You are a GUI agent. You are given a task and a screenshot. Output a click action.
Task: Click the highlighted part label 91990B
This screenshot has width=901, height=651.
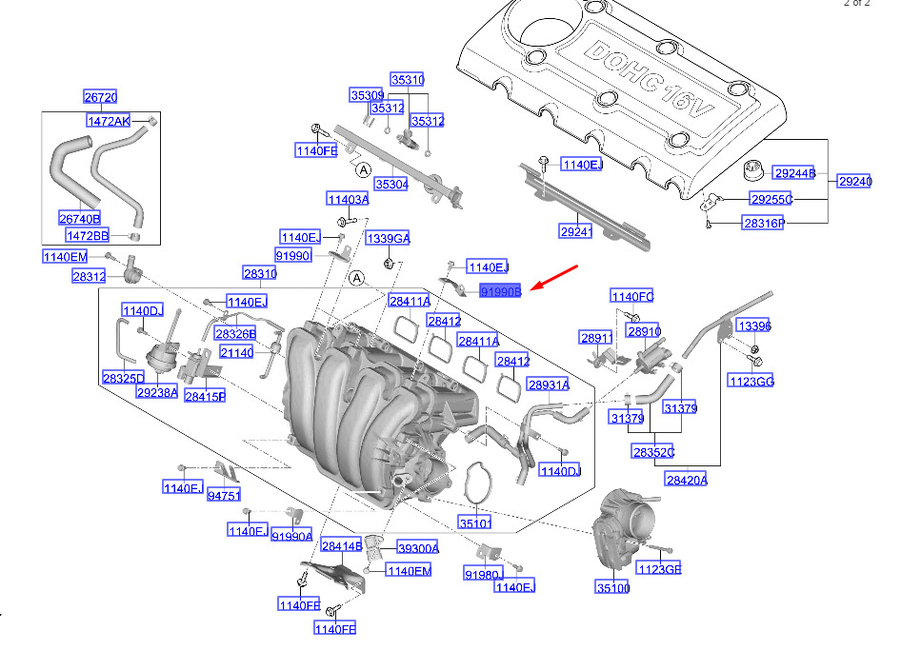(500, 291)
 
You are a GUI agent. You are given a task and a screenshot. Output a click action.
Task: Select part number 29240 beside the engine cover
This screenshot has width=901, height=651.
(855, 182)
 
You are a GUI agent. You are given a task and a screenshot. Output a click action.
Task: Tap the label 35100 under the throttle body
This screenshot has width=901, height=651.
(612, 587)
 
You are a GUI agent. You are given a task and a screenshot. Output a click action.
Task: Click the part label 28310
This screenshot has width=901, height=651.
(260, 273)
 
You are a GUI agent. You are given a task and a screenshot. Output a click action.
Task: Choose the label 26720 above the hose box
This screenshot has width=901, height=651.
(101, 96)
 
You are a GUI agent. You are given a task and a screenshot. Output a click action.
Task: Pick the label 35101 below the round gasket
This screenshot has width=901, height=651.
(475, 523)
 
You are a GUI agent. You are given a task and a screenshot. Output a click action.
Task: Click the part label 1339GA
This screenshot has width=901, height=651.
(389, 238)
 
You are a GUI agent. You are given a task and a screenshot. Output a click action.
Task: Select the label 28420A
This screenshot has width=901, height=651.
(687, 480)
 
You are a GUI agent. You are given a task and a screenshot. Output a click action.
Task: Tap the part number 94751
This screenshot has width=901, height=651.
(224, 495)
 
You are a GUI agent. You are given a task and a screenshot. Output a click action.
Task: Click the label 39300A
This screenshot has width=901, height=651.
(418, 548)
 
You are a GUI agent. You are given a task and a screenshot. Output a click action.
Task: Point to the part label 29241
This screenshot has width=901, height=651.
(576, 231)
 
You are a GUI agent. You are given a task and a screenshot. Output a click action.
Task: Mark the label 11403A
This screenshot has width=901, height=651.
(349, 199)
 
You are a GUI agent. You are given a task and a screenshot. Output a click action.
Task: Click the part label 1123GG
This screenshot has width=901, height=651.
(751, 381)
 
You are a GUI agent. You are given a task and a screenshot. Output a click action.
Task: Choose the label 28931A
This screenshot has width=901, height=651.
(549, 385)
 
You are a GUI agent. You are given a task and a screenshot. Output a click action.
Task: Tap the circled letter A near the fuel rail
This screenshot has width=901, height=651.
(363, 170)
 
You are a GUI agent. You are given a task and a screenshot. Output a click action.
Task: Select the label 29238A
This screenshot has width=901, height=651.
(157, 393)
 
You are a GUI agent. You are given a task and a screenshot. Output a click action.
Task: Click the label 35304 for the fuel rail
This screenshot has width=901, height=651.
(391, 185)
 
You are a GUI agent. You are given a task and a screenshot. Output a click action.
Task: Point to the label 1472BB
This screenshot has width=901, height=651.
(88, 235)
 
